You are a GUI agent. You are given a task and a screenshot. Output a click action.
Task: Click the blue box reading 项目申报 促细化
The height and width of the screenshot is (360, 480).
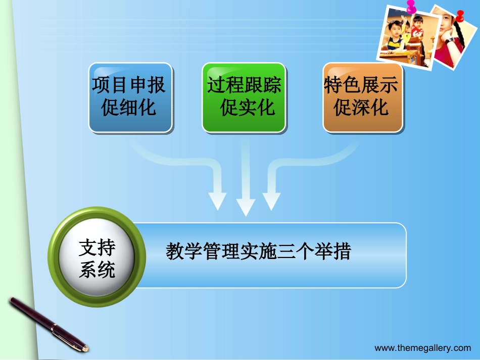tap(130, 97)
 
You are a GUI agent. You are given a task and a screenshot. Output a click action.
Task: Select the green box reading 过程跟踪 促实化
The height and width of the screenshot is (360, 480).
tap(244, 97)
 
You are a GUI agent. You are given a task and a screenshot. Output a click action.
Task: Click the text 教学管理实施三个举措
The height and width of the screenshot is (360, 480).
tap(258, 251)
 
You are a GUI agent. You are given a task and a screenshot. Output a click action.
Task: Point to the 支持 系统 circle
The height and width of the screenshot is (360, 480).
tap(97, 259)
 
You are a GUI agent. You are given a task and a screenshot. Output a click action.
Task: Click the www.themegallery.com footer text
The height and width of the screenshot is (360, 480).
tap(422, 348)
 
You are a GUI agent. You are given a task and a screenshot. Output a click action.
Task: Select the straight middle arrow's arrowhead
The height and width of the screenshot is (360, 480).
tap(246, 207)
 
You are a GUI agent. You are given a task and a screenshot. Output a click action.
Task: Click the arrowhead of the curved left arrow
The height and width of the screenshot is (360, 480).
tap(217, 201)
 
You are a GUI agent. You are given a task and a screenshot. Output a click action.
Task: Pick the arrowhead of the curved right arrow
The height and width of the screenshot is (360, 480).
tap(271, 201)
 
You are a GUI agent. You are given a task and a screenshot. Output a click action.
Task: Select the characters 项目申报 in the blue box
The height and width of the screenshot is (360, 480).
tap(129, 85)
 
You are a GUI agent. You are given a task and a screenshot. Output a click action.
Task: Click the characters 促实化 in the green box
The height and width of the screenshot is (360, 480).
tap(247, 108)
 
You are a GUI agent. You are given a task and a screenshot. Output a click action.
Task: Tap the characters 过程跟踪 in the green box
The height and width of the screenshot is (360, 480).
tap(244, 85)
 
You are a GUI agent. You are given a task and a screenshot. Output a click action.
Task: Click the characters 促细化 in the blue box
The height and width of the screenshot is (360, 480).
tap(129, 108)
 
